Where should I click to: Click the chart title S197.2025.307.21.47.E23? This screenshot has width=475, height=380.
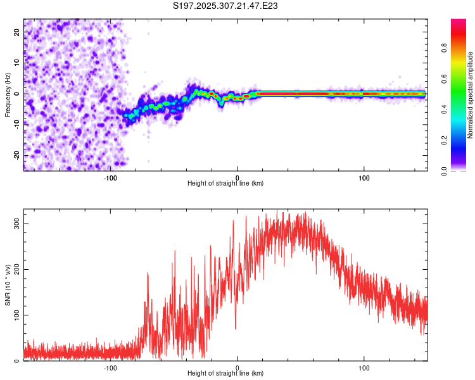click(x=226, y=6)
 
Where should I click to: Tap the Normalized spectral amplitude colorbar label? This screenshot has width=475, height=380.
click(x=470, y=95)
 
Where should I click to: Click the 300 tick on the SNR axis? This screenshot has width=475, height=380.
click(x=17, y=224)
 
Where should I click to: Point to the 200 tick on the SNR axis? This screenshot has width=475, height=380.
click(x=17, y=269)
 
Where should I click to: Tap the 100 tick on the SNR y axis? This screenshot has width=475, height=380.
click(x=17, y=315)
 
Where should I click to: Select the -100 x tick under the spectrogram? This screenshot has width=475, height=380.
click(x=110, y=178)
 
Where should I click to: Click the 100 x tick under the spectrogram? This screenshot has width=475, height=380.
click(x=364, y=178)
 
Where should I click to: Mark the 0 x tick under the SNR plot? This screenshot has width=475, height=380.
click(x=237, y=367)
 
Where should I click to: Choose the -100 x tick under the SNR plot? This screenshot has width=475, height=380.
click(x=110, y=367)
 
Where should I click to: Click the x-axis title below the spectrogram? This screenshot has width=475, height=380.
click(x=225, y=184)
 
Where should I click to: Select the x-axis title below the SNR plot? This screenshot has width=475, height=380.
click(x=225, y=374)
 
